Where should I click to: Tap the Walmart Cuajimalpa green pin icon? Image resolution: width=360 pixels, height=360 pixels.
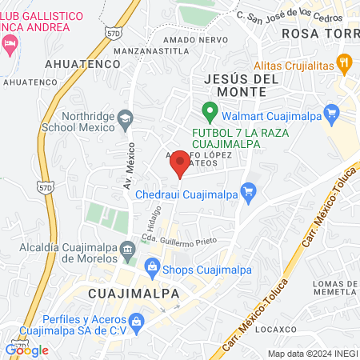pyautogui.click(x=210, y=111)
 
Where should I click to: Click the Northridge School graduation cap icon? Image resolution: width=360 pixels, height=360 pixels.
pyautogui.click(x=126, y=118)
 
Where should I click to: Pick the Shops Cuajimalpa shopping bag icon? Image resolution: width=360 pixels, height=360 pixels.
pyautogui.click(x=150, y=267)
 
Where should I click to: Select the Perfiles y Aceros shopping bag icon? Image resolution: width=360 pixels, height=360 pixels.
pyautogui.click(x=136, y=322)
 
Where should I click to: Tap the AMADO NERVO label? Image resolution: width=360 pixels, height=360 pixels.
pyautogui.click(x=190, y=39)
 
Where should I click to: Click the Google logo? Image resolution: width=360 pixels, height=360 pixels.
pyautogui.click(x=27, y=350)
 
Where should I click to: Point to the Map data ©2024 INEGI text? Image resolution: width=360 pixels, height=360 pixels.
pyautogui.click(x=313, y=354)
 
